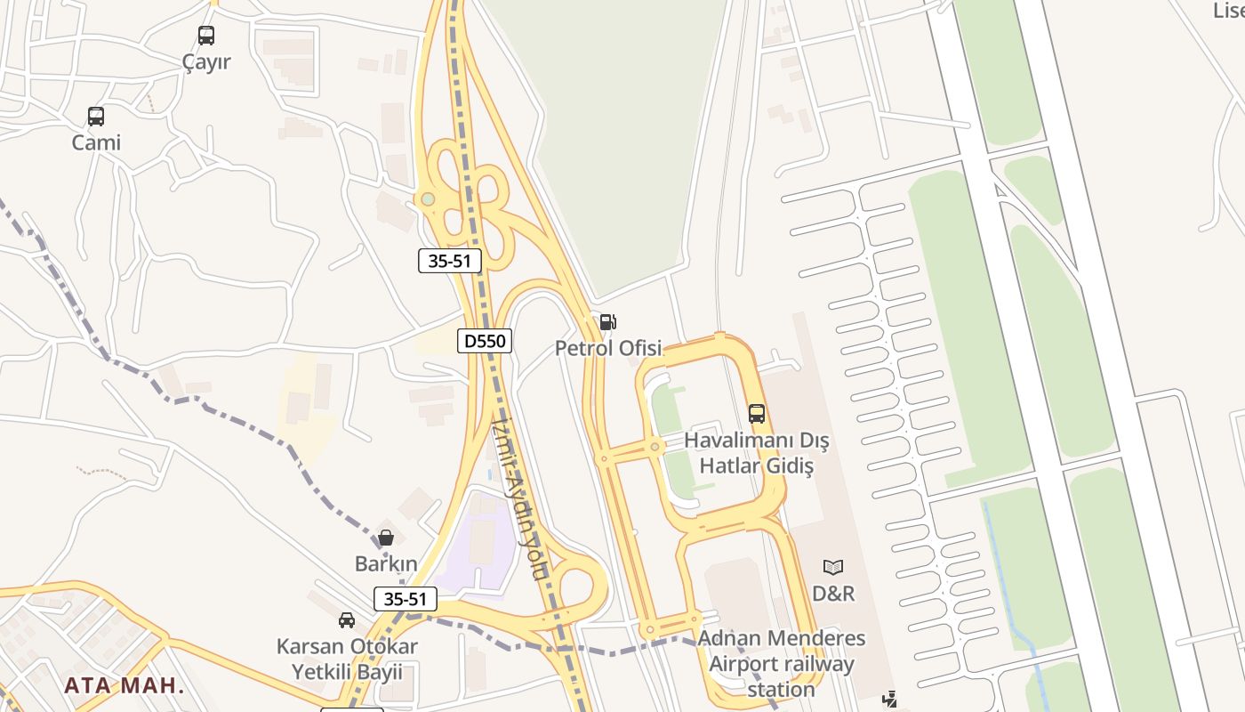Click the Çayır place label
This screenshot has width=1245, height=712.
tap(206, 62)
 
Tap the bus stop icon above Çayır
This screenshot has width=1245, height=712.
tap(206, 36)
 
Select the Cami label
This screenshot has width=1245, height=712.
tap(96, 142)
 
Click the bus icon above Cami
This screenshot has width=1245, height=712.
tap(96, 116)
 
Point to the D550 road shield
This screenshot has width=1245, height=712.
tap(485, 341)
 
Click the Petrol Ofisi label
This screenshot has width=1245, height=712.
tap(608, 348)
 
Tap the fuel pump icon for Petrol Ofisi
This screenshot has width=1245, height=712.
tap(608, 322)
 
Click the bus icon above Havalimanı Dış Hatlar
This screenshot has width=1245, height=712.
tap(757, 414)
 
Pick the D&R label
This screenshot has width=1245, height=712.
tap(833, 593)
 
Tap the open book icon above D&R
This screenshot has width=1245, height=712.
tap(833, 567)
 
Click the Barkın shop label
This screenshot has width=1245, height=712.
tap(386, 563)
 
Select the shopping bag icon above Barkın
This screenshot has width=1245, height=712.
tap(386, 538)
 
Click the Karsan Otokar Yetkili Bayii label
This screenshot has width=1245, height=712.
tap(347, 659)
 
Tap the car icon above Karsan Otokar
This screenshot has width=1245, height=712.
tap(347, 620)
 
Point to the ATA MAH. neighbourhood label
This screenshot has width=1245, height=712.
tap(124, 686)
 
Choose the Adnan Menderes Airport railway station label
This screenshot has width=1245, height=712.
tap(782, 663)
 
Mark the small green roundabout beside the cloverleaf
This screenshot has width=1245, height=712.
tap(428, 198)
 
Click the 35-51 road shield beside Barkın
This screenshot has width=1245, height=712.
tap(406, 599)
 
